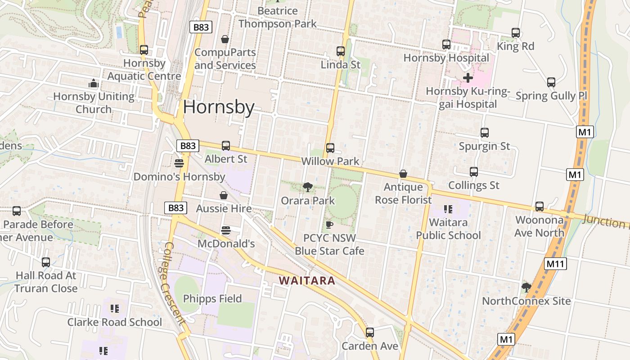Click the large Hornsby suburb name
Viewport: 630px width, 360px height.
[x=219, y=107]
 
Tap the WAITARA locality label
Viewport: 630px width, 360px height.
[x=307, y=281]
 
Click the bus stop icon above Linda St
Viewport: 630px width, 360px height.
[x=341, y=51]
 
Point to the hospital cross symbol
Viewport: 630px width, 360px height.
[x=468, y=78]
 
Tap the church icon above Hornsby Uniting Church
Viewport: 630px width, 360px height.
[x=94, y=83]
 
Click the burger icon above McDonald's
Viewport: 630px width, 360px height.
[x=226, y=231]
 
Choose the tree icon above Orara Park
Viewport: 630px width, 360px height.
[x=308, y=187]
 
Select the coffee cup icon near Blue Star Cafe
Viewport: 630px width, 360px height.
[x=329, y=225]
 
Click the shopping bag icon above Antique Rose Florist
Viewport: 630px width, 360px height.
[x=403, y=174]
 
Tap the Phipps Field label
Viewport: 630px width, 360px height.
[x=212, y=299]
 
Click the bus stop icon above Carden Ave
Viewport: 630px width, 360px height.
[x=370, y=333]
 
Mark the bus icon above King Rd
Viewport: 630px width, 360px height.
[x=516, y=33]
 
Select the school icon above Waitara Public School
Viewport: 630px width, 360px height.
[x=448, y=209]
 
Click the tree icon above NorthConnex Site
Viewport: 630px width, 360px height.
[x=526, y=287]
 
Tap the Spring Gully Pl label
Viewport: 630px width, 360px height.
[x=551, y=96]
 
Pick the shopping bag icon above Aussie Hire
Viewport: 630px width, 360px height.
[x=224, y=195]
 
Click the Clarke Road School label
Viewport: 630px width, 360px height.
[x=114, y=322]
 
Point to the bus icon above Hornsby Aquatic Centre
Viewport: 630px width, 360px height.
[x=144, y=50]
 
